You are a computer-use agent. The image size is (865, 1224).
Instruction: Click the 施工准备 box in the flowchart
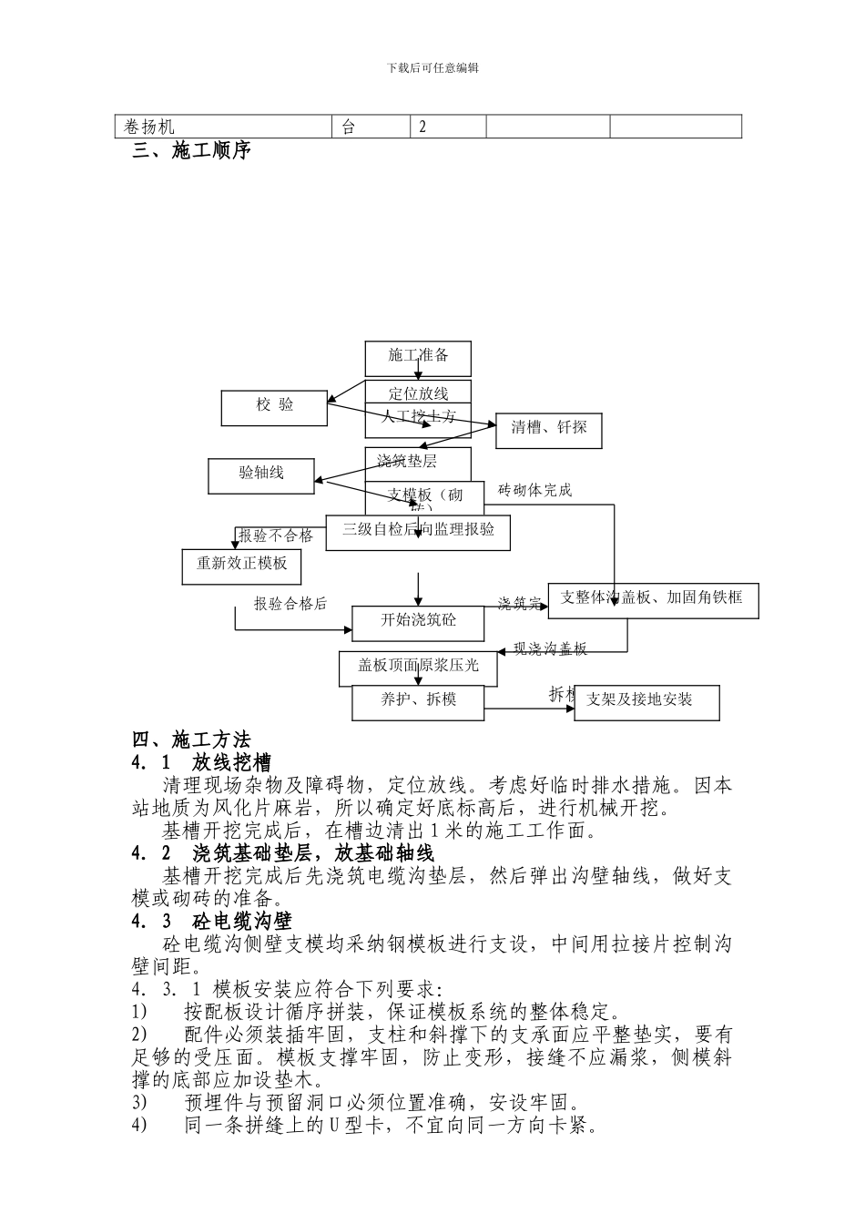click(x=418, y=358)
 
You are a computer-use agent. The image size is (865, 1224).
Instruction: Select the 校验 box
click(x=274, y=407)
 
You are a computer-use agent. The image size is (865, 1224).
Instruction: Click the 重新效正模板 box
click(x=241, y=566)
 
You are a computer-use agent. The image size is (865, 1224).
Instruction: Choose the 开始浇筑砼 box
click(x=418, y=623)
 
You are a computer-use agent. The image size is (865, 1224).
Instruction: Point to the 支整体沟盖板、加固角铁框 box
click(x=652, y=600)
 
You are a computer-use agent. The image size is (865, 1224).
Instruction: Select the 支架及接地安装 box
click(x=646, y=702)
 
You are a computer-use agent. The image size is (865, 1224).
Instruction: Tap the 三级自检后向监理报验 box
click(x=418, y=532)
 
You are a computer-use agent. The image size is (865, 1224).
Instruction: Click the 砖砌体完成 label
click(x=535, y=491)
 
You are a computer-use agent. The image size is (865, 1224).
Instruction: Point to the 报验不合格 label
click(x=276, y=535)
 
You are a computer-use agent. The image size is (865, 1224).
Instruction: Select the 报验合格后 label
click(x=290, y=604)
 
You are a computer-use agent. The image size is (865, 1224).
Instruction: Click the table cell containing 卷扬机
click(x=224, y=127)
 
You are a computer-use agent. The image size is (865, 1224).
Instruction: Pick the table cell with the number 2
click(x=448, y=127)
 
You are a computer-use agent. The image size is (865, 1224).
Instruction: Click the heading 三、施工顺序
click(x=191, y=151)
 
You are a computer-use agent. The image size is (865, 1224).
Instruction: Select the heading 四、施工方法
click(x=191, y=739)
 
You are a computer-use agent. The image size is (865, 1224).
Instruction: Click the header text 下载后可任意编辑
click(x=432, y=67)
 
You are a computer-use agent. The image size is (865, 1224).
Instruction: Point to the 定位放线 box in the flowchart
click(x=418, y=393)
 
